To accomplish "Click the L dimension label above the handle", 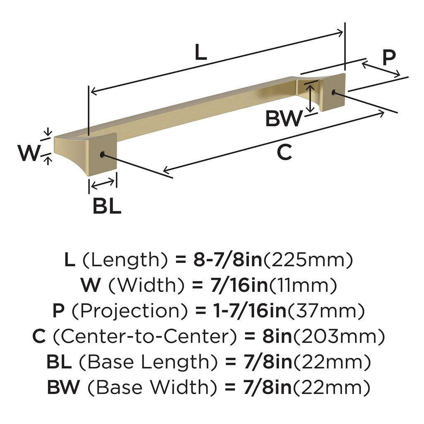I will click(x=200, y=52).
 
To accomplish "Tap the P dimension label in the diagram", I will click(x=388, y=58).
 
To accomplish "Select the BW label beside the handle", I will click(x=284, y=119).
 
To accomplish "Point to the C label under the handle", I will click(x=284, y=152).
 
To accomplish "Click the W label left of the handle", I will click(x=29, y=154).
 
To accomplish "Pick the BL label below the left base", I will click(x=106, y=206).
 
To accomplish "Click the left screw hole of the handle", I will click(x=101, y=155).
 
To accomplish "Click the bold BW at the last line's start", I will click(x=63, y=388).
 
